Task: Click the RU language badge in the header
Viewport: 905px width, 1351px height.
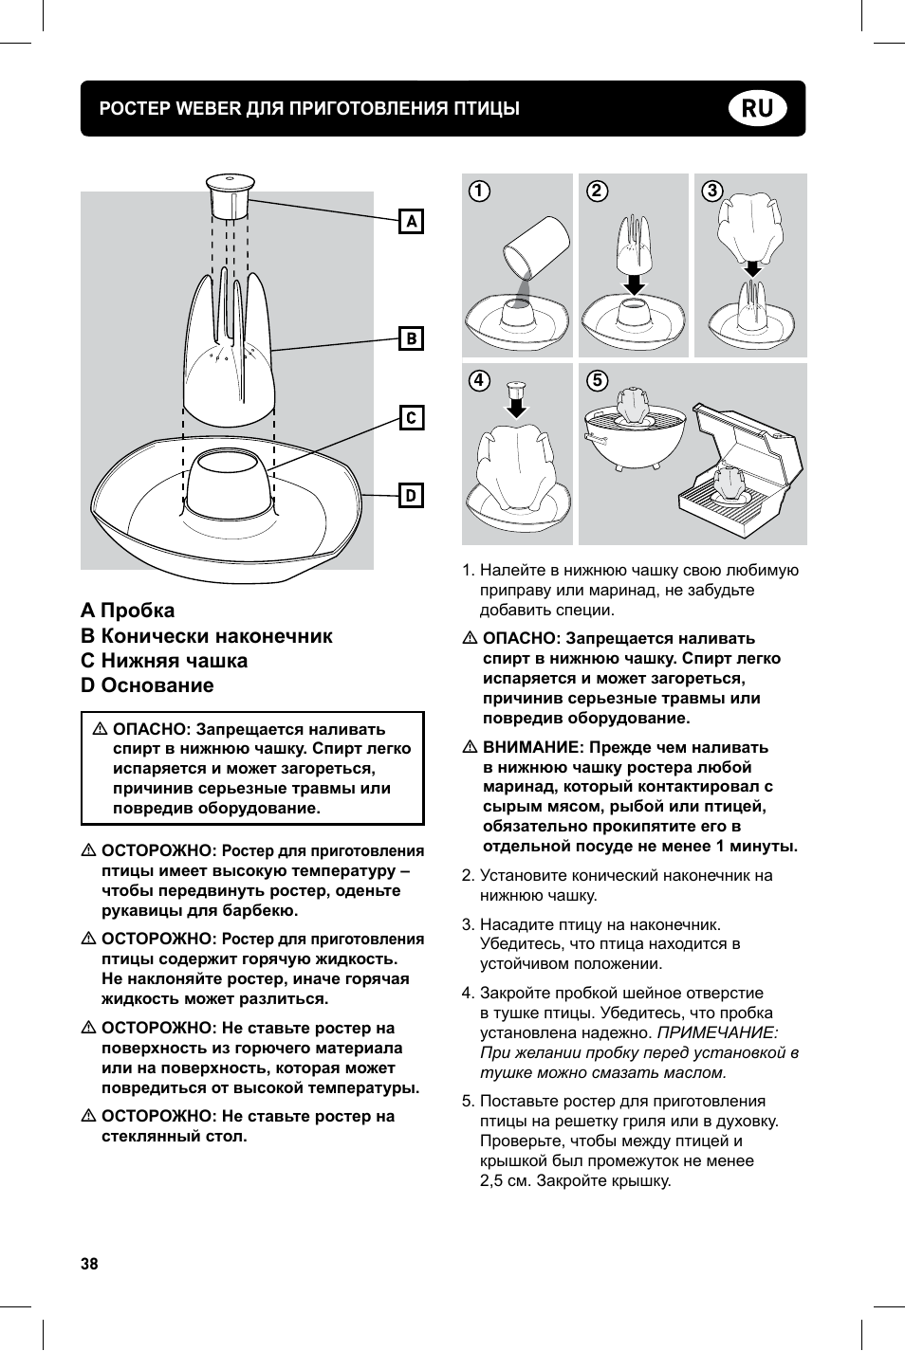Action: (758, 108)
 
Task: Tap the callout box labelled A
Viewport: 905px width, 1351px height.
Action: (411, 222)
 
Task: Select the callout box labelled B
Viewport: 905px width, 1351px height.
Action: (411, 338)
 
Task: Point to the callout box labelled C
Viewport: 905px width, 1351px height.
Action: (411, 418)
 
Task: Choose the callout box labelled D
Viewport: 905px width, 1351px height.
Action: (411, 496)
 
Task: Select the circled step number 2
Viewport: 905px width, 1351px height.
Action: (597, 192)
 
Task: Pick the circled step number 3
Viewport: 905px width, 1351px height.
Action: (712, 192)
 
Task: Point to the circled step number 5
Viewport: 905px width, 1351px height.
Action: (597, 381)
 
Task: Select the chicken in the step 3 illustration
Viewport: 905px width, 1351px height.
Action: (750, 230)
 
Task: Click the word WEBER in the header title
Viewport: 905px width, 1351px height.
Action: (209, 108)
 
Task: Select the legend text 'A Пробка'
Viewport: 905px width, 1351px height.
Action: (128, 611)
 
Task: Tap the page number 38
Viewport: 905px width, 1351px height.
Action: (89, 1264)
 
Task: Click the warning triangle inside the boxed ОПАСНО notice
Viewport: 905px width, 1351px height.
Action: (100, 730)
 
